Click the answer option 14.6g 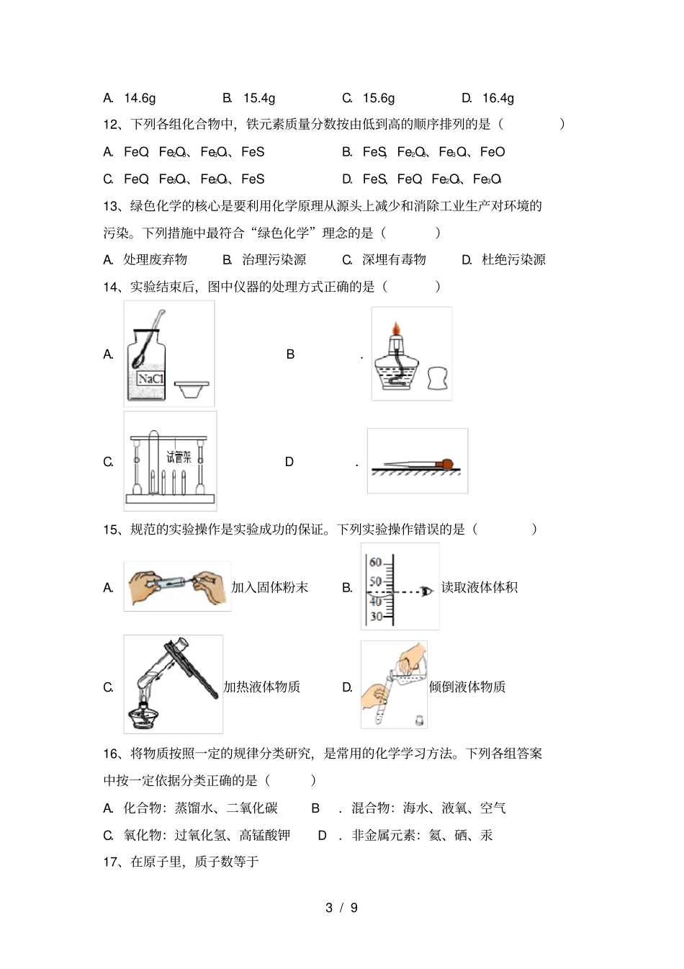pos(139,98)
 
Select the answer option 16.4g pos(498,98)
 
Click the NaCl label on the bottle pos(150,379)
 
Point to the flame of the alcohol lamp pos(395,331)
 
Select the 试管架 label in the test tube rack pos(179,457)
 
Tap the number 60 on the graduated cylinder pos(375,562)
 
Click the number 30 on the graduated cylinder pos(375,616)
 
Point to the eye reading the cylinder pos(428,591)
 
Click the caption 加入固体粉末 pos(269,588)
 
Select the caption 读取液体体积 pos(479,588)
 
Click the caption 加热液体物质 pos(261,687)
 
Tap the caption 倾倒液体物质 pos(467,687)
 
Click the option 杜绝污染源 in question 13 pos(513,260)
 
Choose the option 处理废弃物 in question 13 pos(155,260)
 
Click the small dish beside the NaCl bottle pos(192,389)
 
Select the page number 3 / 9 pos(341,908)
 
